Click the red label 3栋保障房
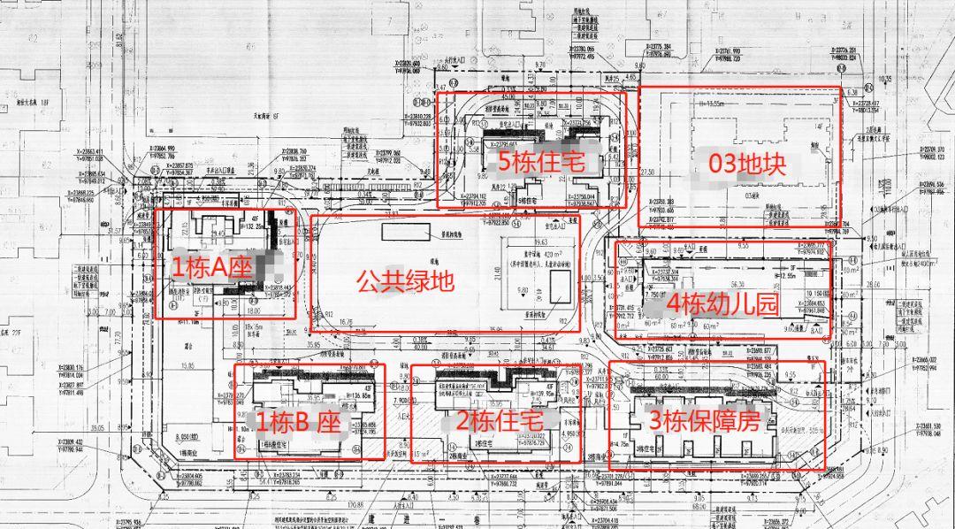(x=705, y=421)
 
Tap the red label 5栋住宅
(x=536, y=162)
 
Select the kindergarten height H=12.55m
(x=796, y=276)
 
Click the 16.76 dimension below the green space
(x=345, y=323)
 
